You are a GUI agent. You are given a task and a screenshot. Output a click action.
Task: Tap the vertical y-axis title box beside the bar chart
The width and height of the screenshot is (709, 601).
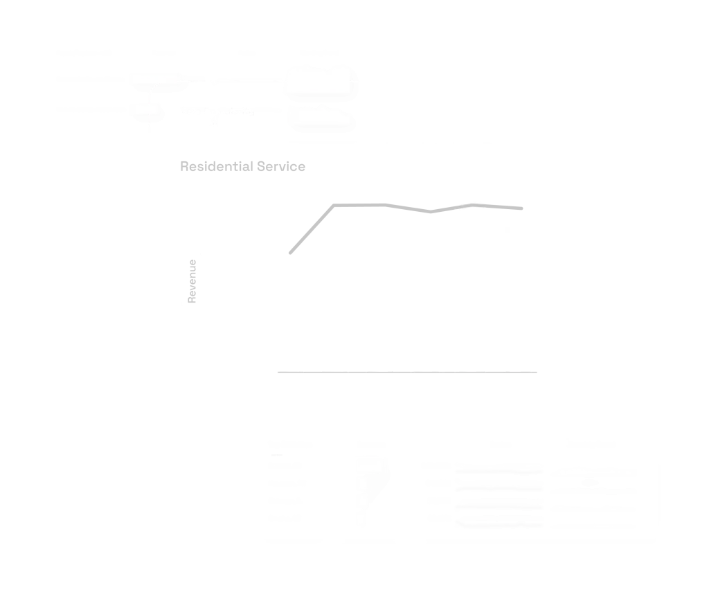point(189,279)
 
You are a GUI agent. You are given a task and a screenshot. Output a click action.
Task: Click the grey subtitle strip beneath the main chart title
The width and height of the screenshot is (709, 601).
point(243,166)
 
